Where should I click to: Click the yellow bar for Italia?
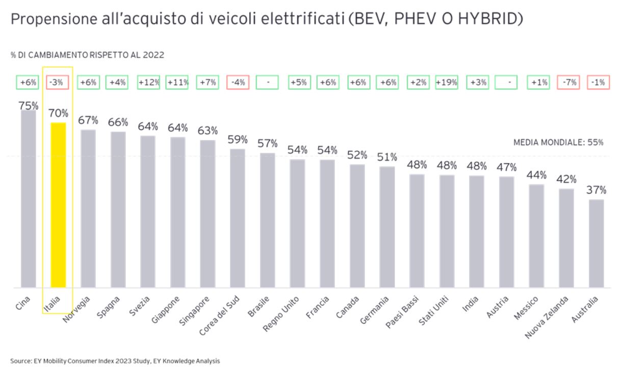(59, 205)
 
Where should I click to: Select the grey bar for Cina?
(29, 199)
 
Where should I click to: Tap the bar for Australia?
(596, 243)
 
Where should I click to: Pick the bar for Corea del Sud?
(238, 218)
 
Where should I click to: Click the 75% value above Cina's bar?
(29, 105)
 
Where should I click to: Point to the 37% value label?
(596, 190)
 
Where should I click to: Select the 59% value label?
(238, 139)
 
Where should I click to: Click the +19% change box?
(447, 82)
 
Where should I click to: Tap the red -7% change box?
(568, 82)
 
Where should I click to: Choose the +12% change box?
(148, 82)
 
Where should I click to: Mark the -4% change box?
(238, 82)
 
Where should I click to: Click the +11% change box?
(177, 82)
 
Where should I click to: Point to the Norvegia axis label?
(77, 309)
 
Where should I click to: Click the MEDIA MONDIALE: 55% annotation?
(558, 143)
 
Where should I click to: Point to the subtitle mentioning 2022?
(87, 55)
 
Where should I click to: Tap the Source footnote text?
(115, 361)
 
